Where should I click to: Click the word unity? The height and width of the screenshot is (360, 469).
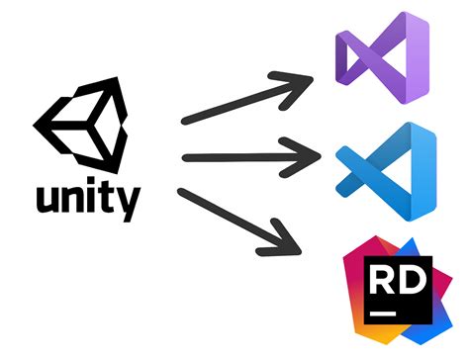pyautogui.click(x=86, y=202)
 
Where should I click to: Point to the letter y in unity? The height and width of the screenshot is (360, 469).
pyautogui.click(x=125, y=205)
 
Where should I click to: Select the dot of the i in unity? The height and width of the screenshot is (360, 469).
pyautogui.click(x=90, y=183)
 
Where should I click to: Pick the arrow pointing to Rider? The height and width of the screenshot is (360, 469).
pyautogui.click(x=242, y=220)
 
